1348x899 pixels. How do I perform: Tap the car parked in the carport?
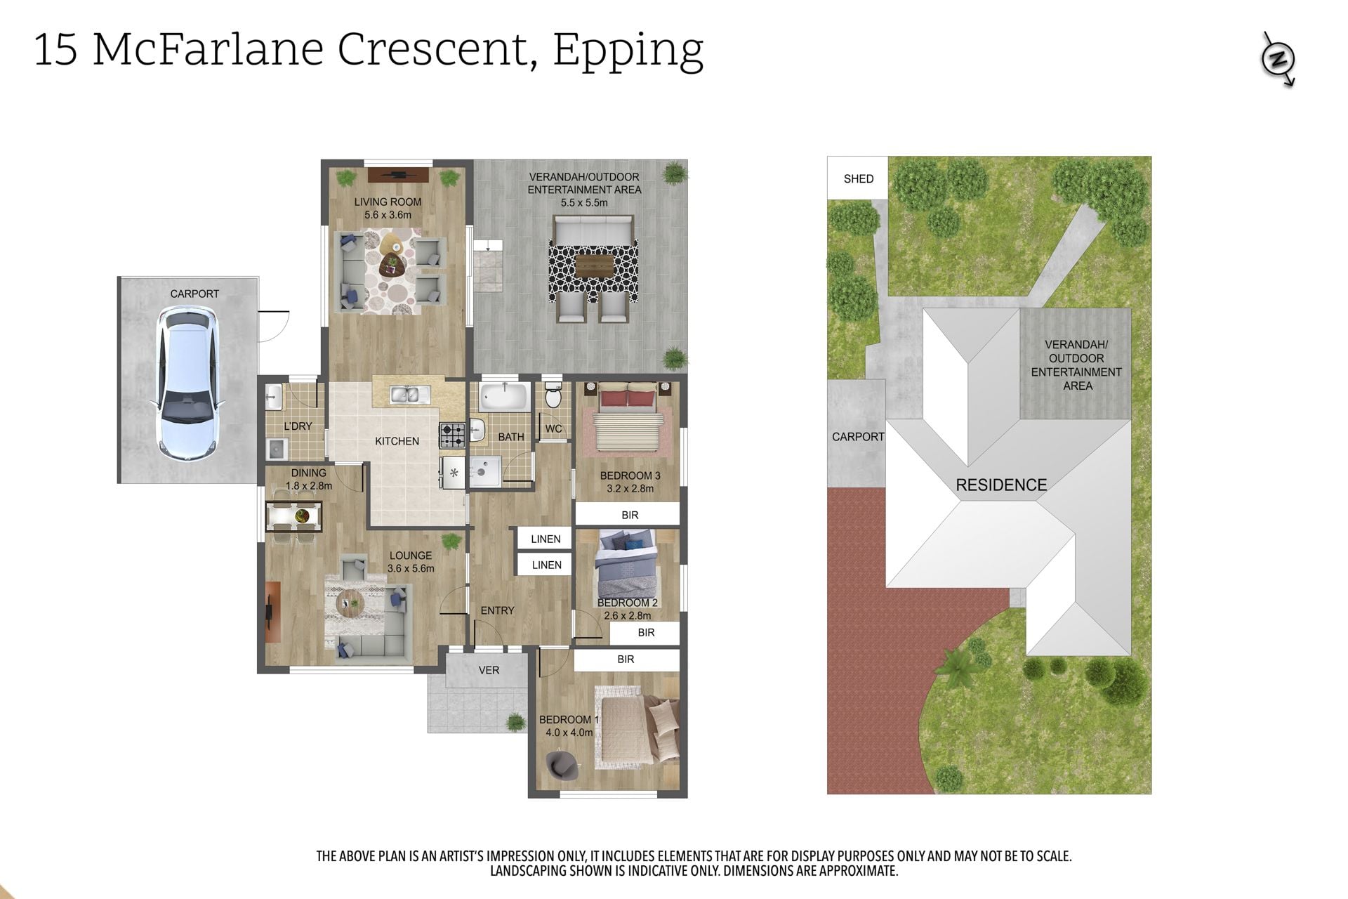(187, 384)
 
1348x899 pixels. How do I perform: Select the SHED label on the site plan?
(859, 179)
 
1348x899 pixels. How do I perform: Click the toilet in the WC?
(553, 396)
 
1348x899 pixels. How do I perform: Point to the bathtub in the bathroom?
(504, 398)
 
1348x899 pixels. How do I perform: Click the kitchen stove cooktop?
(452, 435)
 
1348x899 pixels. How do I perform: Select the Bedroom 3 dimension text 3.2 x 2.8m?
(630, 489)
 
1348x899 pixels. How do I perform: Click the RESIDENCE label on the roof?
(1001, 485)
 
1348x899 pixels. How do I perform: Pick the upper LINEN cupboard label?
(546, 539)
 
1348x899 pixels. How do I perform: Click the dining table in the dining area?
(293, 517)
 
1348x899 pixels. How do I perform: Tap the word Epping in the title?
(628, 51)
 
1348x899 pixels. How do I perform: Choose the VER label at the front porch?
(489, 670)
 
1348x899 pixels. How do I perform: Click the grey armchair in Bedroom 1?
(562, 765)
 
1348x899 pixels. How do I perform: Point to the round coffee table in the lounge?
(350, 601)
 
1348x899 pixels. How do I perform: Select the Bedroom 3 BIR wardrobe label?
(630, 515)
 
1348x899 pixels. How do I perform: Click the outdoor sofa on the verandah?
(594, 230)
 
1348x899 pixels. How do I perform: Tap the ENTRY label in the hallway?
(497, 610)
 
